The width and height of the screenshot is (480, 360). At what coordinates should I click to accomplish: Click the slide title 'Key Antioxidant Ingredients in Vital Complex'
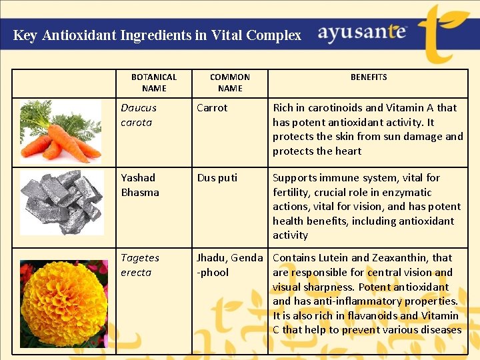(157, 35)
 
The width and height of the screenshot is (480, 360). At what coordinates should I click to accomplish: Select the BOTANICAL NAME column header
(154, 83)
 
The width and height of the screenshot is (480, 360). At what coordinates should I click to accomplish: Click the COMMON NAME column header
(230, 83)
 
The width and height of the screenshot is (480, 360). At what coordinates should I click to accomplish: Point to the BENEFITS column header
(369, 77)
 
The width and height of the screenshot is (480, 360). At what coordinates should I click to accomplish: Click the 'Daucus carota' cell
(139, 115)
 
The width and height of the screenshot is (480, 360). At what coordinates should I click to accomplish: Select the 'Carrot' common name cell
(212, 108)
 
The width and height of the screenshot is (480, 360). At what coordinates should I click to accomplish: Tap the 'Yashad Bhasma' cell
(140, 185)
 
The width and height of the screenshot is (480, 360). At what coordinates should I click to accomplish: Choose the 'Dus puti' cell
(217, 178)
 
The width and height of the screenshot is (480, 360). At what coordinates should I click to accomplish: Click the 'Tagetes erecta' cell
(140, 265)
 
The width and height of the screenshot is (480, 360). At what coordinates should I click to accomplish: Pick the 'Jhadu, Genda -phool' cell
(229, 265)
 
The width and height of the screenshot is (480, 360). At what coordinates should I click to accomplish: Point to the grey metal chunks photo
(61, 202)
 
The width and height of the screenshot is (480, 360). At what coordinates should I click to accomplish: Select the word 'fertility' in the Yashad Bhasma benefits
(292, 192)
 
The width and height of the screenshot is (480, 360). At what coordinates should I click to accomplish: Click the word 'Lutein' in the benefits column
(331, 258)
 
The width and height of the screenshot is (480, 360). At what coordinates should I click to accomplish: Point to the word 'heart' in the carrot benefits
(347, 151)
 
